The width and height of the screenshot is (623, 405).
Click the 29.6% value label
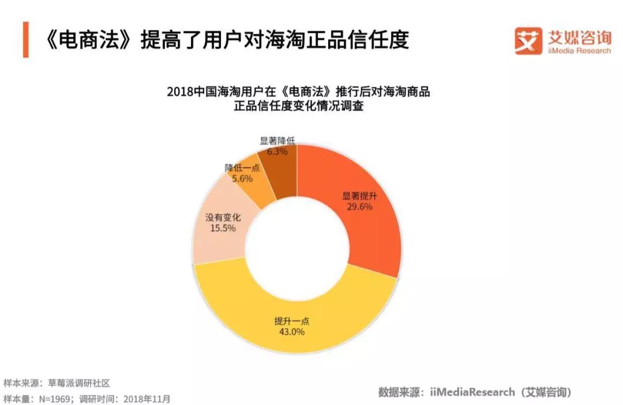pos(358,206)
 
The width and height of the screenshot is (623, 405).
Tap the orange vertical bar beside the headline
pos(25,40)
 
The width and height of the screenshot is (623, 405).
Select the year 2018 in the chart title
pos(179,92)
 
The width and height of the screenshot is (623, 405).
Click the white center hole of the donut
pos(297,248)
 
